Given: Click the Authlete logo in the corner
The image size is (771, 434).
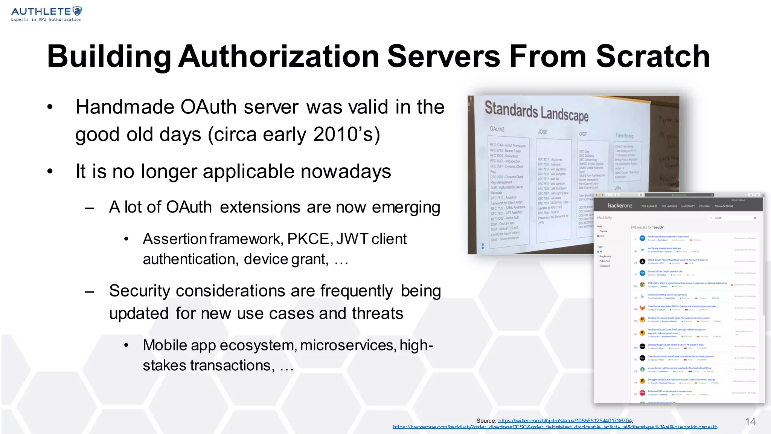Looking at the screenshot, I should click(46, 14).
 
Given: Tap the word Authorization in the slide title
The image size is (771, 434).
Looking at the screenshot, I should click(279, 57).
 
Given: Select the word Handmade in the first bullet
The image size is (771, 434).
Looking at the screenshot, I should click(125, 107).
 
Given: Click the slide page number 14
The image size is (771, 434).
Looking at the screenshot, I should click(750, 422).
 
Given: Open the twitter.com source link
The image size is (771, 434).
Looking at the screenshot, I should click(565, 421).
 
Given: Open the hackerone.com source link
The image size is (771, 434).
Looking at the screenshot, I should click(555, 427).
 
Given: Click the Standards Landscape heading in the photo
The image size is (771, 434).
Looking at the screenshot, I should click(536, 111).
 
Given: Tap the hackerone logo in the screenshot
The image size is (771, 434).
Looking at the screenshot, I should click(620, 206).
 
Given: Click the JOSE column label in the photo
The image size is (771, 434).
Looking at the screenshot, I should click(542, 132).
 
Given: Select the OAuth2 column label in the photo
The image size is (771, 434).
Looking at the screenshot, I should click(497, 129).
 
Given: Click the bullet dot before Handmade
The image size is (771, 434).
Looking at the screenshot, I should click(50, 107).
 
